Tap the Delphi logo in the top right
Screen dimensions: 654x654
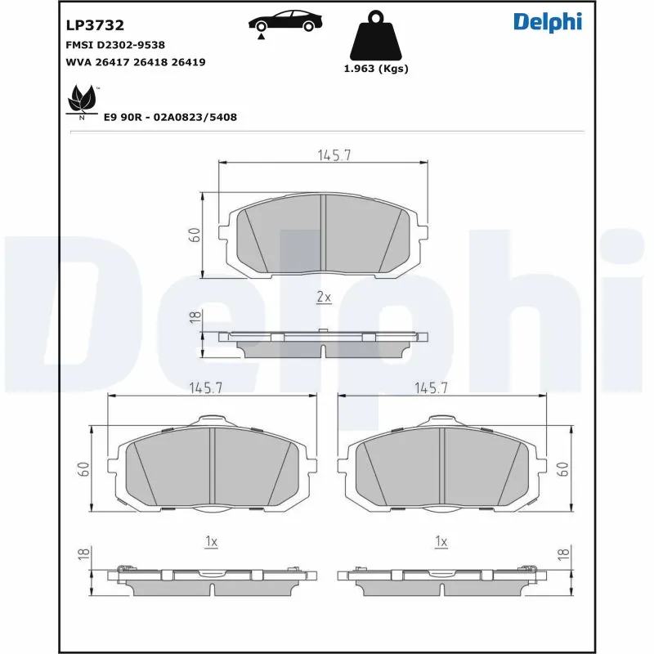point(547,22)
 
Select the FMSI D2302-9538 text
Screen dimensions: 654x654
point(120,45)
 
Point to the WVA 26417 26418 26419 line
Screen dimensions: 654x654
point(135,62)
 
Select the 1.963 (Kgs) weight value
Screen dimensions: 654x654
point(376,69)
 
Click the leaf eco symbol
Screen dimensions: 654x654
point(82,101)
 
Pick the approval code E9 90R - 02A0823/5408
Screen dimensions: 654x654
point(170,117)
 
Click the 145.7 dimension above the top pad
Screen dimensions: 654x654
point(333,155)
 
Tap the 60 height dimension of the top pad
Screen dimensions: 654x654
point(195,235)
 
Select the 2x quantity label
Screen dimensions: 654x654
point(324,298)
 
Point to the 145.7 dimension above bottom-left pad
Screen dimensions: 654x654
point(206,389)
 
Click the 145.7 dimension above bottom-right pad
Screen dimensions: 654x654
point(431,389)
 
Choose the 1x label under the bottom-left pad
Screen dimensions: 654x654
point(211,541)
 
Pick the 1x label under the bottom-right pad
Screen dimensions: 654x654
point(441,541)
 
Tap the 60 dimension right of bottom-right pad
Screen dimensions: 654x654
point(563,468)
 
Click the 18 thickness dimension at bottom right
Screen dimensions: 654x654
point(563,554)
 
